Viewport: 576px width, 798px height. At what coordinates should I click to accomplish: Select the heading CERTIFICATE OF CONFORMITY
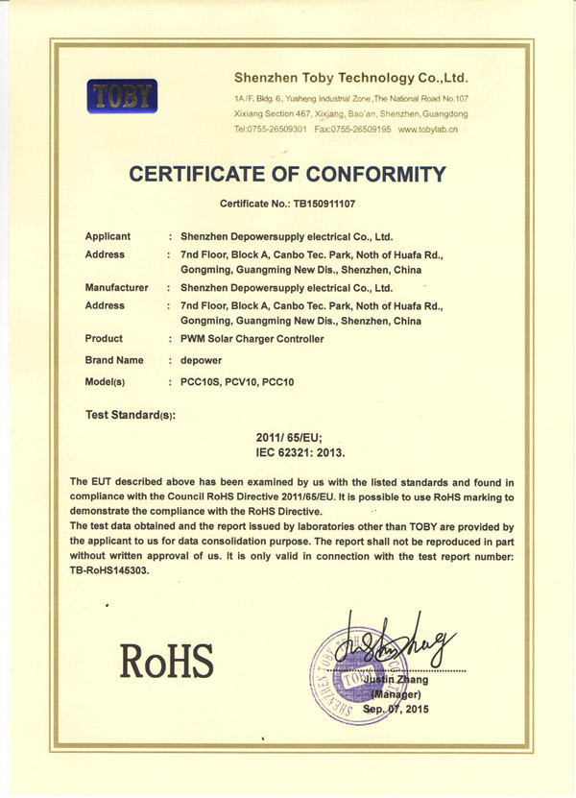[x=288, y=174]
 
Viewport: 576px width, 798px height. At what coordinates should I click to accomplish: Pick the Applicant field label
[x=108, y=236]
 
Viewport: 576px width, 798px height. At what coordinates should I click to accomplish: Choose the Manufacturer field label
[x=117, y=287]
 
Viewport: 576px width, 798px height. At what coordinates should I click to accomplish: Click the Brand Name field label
[x=114, y=360]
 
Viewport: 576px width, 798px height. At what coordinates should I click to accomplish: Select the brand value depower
[x=202, y=361]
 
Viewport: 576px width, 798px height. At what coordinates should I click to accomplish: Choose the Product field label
[x=105, y=339]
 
